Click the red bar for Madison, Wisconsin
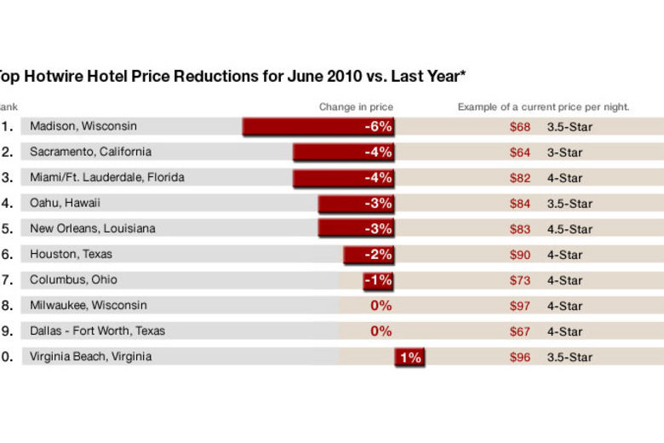click(x=318, y=127)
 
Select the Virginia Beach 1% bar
click(x=409, y=357)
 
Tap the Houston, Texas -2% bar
click(x=369, y=255)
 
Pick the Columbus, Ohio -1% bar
click(x=378, y=280)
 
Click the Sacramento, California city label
click(x=90, y=152)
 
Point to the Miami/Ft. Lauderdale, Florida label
click(x=106, y=177)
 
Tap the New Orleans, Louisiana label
click(x=93, y=228)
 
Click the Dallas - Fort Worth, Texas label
click(x=97, y=331)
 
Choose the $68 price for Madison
click(x=519, y=127)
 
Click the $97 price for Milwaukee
click(x=519, y=306)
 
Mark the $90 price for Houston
click(x=519, y=255)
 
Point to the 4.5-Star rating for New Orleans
click(x=570, y=229)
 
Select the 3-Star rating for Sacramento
click(x=564, y=152)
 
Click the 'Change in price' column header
click(x=356, y=106)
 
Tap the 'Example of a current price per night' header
click(x=543, y=106)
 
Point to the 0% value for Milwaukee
click(x=381, y=306)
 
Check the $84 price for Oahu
click(x=519, y=204)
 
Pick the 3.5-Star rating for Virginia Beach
click(x=570, y=357)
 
